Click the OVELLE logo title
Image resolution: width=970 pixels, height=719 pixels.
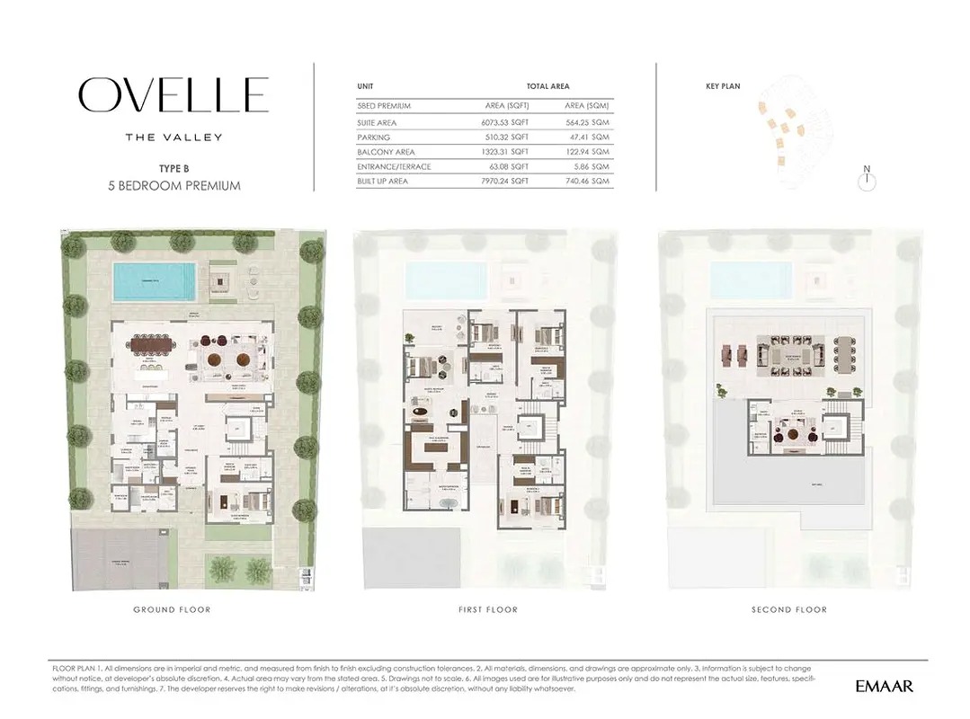(x=174, y=95)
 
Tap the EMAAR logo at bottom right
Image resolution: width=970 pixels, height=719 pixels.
(x=884, y=687)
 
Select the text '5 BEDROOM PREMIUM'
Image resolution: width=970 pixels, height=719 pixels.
(x=174, y=186)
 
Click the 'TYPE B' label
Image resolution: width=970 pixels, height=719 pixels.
(x=174, y=168)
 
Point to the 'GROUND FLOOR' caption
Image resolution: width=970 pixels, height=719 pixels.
(x=172, y=609)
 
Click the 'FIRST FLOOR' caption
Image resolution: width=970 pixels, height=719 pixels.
(x=487, y=609)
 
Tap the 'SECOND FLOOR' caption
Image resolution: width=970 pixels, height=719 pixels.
(x=788, y=609)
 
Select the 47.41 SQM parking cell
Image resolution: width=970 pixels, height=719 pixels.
(x=590, y=138)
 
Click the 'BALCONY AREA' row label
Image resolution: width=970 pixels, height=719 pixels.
(x=382, y=152)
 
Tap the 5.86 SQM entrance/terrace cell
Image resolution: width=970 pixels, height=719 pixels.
(x=592, y=166)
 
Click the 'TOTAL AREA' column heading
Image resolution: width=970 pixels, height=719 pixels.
(x=547, y=86)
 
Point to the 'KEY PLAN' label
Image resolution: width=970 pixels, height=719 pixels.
(x=723, y=86)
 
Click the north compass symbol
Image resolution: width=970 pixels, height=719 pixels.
(x=867, y=180)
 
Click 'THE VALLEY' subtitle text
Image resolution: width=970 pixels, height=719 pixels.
(x=174, y=138)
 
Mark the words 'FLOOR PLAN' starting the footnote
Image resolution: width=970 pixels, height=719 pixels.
(x=76, y=670)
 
